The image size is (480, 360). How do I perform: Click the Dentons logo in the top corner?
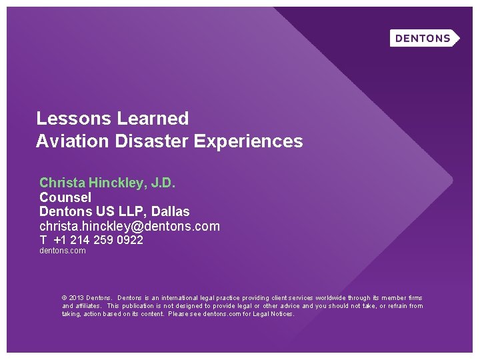click(x=424, y=38)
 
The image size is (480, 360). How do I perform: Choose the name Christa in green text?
click(x=61, y=182)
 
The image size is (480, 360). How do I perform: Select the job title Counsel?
click(x=65, y=197)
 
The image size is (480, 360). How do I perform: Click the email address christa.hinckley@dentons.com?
click(x=129, y=226)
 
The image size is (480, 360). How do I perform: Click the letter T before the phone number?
click(x=43, y=240)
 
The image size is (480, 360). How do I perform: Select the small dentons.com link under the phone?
click(x=63, y=251)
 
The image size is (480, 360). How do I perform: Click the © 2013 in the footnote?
click(x=72, y=298)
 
